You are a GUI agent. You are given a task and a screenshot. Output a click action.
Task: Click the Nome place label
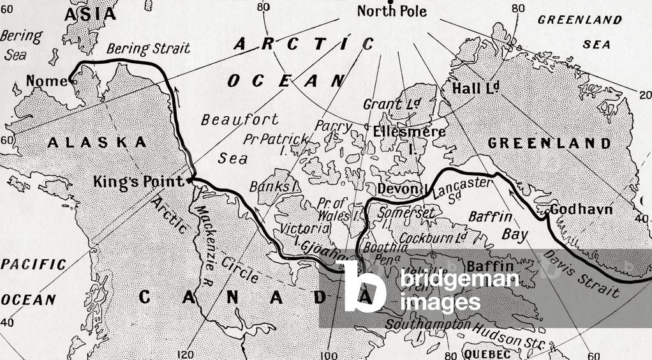(46, 81)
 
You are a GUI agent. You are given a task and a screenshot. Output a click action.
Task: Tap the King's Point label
(134, 181)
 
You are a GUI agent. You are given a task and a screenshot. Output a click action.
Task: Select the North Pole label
(392, 11)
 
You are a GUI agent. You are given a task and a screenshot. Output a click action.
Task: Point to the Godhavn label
(581, 209)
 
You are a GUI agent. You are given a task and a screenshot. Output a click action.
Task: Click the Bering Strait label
(148, 49)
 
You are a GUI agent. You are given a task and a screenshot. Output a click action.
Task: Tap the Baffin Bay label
(498, 225)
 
